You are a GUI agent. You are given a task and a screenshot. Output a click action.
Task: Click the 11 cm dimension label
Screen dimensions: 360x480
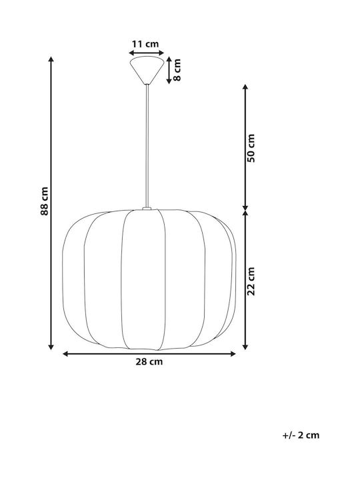pyautogui.click(x=145, y=44)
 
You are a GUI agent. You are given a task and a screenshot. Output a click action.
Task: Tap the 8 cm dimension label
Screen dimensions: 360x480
pyautogui.click(x=177, y=70)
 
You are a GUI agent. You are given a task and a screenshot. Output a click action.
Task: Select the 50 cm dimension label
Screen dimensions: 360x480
pyautogui.click(x=251, y=148)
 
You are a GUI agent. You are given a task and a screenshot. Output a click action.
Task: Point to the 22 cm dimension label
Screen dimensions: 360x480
pyautogui.click(x=251, y=281)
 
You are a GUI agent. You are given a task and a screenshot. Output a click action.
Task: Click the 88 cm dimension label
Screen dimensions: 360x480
pyautogui.click(x=45, y=201)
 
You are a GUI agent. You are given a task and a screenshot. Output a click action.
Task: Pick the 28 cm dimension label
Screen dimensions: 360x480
pyautogui.click(x=149, y=362)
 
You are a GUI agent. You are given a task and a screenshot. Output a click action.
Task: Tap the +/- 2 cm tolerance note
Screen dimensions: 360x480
pyautogui.click(x=301, y=435)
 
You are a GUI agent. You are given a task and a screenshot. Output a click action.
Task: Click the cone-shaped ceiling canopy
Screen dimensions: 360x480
pyautogui.click(x=147, y=70)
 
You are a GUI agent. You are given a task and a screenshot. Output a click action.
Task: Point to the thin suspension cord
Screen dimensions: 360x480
pyautogui.click(x=147, y=146)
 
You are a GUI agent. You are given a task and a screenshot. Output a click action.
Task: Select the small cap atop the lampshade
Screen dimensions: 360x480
pyautogui.click(x=147, y=209)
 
